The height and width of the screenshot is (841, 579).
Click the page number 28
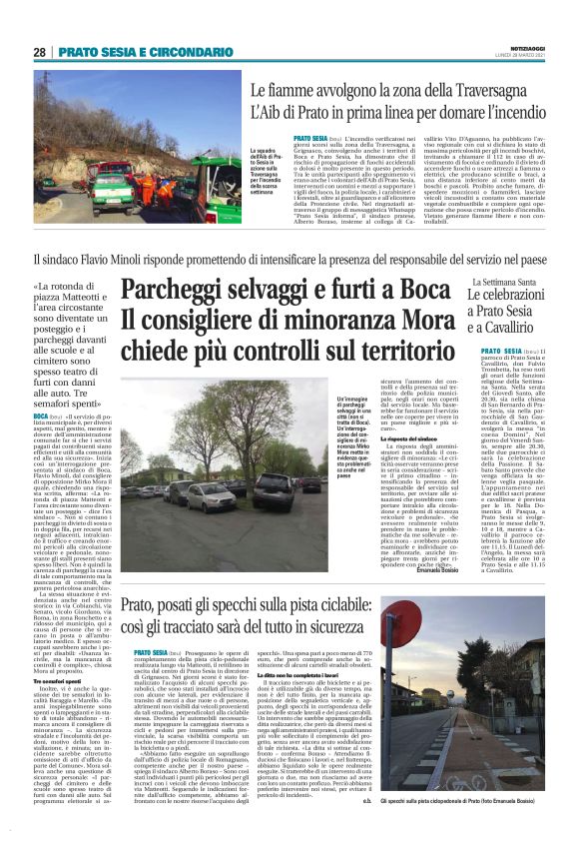pyautogui.click(x=39, y=51)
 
